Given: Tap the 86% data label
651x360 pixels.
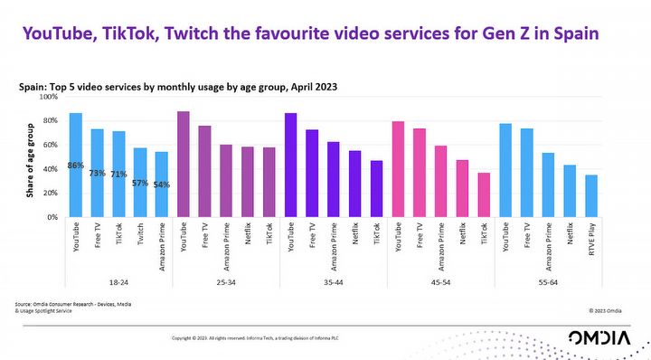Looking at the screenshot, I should [x=76, y=166].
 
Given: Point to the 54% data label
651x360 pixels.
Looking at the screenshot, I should [x=161, y=185].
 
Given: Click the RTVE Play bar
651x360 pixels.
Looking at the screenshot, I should [x=592, y=196].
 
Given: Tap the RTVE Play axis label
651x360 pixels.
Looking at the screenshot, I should [x=593, y=243].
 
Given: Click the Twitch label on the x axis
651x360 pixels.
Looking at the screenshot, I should [x=141, y=237].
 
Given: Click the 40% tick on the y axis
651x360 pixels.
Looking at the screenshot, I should [x=52, y=169].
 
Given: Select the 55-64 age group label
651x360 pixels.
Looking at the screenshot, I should [x=549, y=280].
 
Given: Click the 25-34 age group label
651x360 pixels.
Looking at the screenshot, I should [x=226, y=280].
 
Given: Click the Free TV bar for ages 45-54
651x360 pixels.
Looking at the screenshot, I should [x=420, y=173].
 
